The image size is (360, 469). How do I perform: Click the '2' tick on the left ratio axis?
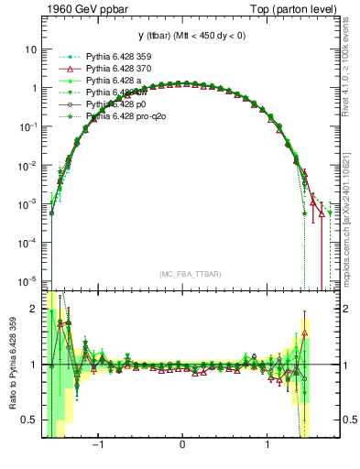pos(34,309)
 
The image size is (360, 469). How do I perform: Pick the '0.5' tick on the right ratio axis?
pos(348,420)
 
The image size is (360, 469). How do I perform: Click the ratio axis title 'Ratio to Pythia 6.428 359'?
pos(10,365)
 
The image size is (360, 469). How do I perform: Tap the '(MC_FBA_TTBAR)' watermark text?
pos(183,274)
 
